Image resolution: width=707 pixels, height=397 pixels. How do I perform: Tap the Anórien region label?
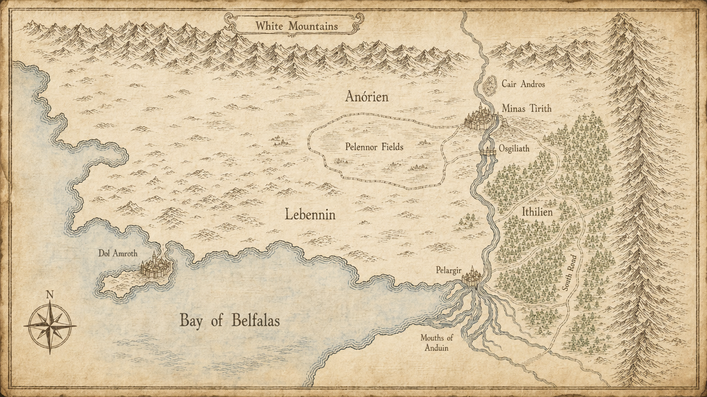[367, 97]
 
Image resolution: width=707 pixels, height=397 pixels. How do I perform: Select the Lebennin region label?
[310, 214]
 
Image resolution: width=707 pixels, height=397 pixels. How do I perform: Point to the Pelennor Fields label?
[374, 147]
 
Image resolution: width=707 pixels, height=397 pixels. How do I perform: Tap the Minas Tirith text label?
[526, 109]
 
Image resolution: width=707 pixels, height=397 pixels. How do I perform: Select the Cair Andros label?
[523, 84]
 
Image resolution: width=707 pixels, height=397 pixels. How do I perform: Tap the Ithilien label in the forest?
[537, 211]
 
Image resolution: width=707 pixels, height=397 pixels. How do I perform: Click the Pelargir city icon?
[472, 277]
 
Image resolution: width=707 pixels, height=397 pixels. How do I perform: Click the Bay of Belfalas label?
[229, 320]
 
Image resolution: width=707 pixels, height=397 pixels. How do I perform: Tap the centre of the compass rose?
[50, 326]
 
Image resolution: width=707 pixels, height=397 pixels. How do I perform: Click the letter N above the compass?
[50, 294]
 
